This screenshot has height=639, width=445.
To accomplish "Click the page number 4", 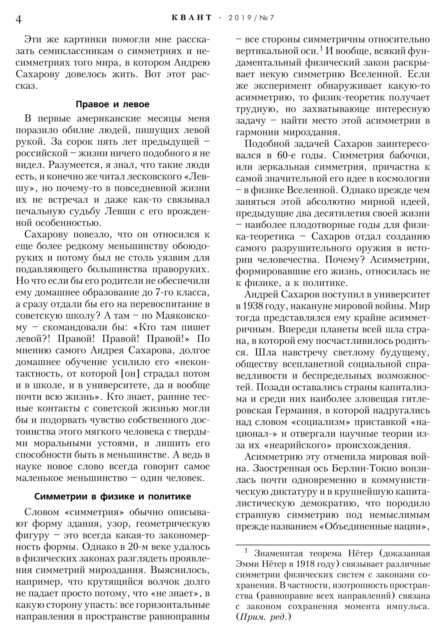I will click(18, 19).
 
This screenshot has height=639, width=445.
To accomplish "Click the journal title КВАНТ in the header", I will click(192, 18).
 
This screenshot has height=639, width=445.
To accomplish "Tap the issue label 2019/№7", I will click(251, 18).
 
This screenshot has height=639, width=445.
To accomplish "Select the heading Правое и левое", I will click(113, 104).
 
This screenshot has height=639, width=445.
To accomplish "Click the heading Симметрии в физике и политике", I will click(113, 496).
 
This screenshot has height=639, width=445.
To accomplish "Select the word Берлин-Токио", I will click(364, 469).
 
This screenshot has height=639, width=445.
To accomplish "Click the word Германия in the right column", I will click(297, 411).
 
